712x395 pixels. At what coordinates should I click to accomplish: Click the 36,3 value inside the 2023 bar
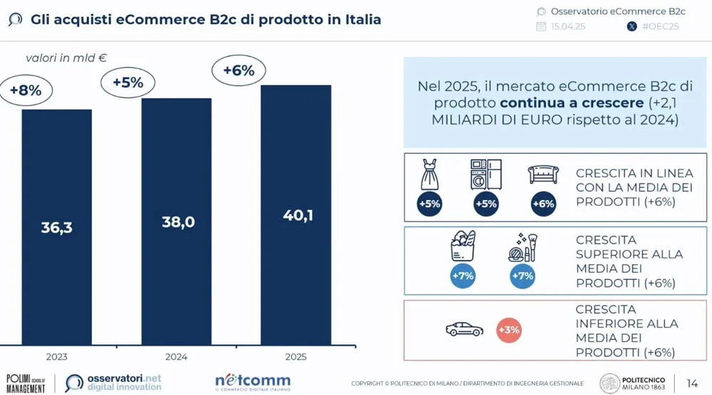56,228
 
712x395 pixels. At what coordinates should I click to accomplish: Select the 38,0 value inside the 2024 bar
178,222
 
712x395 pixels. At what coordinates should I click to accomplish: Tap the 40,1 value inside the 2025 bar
297,216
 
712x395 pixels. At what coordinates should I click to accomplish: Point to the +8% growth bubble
26,90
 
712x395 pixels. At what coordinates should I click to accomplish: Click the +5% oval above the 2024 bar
127,83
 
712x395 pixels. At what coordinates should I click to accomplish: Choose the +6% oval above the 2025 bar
239,70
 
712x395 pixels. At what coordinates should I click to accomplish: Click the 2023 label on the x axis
56,356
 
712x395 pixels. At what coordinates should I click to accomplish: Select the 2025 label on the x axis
297,356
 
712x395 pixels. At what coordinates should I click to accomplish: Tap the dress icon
429,175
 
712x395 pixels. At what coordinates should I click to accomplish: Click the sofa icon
543,174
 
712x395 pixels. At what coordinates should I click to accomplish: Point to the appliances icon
486,174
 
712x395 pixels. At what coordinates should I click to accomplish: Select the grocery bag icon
462,246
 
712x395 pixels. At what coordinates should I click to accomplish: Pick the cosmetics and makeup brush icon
523,247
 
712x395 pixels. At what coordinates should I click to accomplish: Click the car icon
464,330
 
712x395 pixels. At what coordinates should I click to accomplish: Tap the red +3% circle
509,330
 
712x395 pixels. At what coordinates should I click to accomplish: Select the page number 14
692,383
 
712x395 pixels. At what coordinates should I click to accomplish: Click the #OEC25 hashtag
660,27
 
